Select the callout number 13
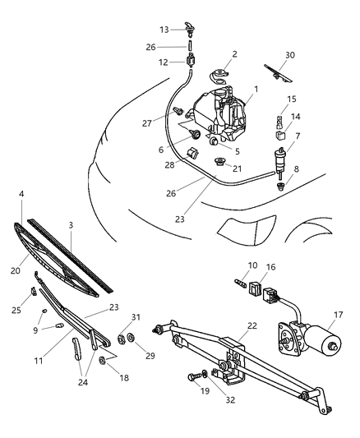click(164, 29)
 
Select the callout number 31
click(136, 317)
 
